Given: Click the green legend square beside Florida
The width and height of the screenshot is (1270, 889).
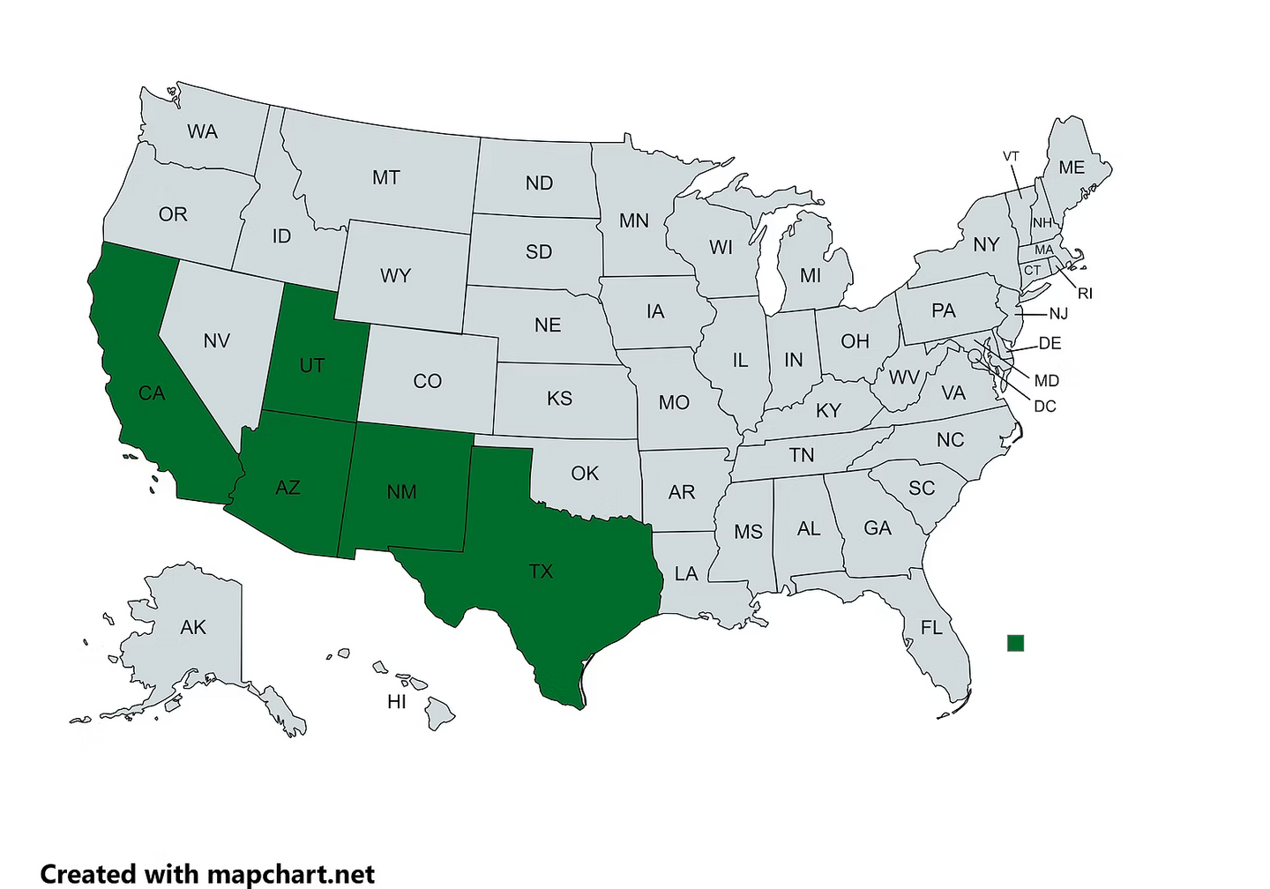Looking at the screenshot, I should (1015, 643).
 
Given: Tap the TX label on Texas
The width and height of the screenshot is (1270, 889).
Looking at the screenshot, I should (541, 571).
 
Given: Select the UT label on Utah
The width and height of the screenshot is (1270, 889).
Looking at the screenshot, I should (312, 365).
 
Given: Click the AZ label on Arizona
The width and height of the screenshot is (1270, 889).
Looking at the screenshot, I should (288, 487).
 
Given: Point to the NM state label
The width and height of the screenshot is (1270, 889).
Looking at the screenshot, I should (401, 491).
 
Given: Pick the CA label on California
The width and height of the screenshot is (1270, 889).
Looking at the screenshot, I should (152, 393).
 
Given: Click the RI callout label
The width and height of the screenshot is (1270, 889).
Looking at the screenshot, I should (1085, 294).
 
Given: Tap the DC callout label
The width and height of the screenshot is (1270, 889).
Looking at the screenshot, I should (1044, 407).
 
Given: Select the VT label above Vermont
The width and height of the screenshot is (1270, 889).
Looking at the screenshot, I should (1011, 156).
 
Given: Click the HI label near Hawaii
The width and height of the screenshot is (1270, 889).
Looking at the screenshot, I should (397, 702).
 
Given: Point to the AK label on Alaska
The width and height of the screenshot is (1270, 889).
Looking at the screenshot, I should (193, 627).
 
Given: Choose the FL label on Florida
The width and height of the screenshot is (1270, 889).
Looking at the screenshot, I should (931, 628).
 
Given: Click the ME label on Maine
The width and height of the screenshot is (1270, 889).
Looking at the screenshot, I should (1072, 168).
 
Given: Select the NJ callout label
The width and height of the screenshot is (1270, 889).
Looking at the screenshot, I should (1057, 314).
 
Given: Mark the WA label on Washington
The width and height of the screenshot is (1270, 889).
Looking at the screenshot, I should (202, 131).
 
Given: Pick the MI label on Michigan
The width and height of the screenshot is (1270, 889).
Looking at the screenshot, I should (810, 276).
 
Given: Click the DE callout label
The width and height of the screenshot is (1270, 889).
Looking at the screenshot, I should (1050, 343).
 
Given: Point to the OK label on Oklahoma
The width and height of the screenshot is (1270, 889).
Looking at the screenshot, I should (585, 474).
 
